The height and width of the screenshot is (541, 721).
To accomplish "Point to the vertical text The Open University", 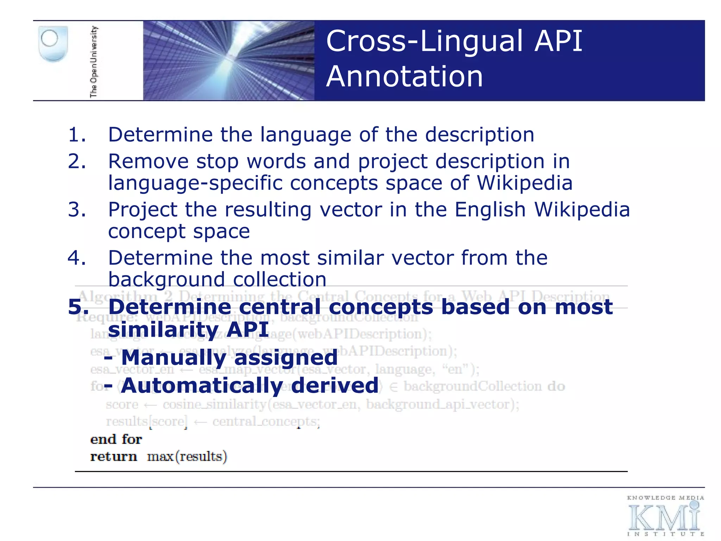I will click(x=94, y=61).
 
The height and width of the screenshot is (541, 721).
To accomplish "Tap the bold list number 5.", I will click(x=78, y=307).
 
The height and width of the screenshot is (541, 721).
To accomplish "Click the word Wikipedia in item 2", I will click(x=525, y=183).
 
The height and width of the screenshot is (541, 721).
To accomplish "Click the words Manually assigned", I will click(x=229, y=358).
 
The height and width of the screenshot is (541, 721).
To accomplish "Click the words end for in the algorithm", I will click(x=116, y=439).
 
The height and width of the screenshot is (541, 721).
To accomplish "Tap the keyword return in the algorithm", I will click(x=113, y=456).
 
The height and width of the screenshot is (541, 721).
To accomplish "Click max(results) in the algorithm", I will click(x=187, y=456).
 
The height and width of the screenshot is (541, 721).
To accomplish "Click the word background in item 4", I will click(x=166, y=280).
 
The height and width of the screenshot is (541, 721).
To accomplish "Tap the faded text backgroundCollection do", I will click(x=484, y=386).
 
